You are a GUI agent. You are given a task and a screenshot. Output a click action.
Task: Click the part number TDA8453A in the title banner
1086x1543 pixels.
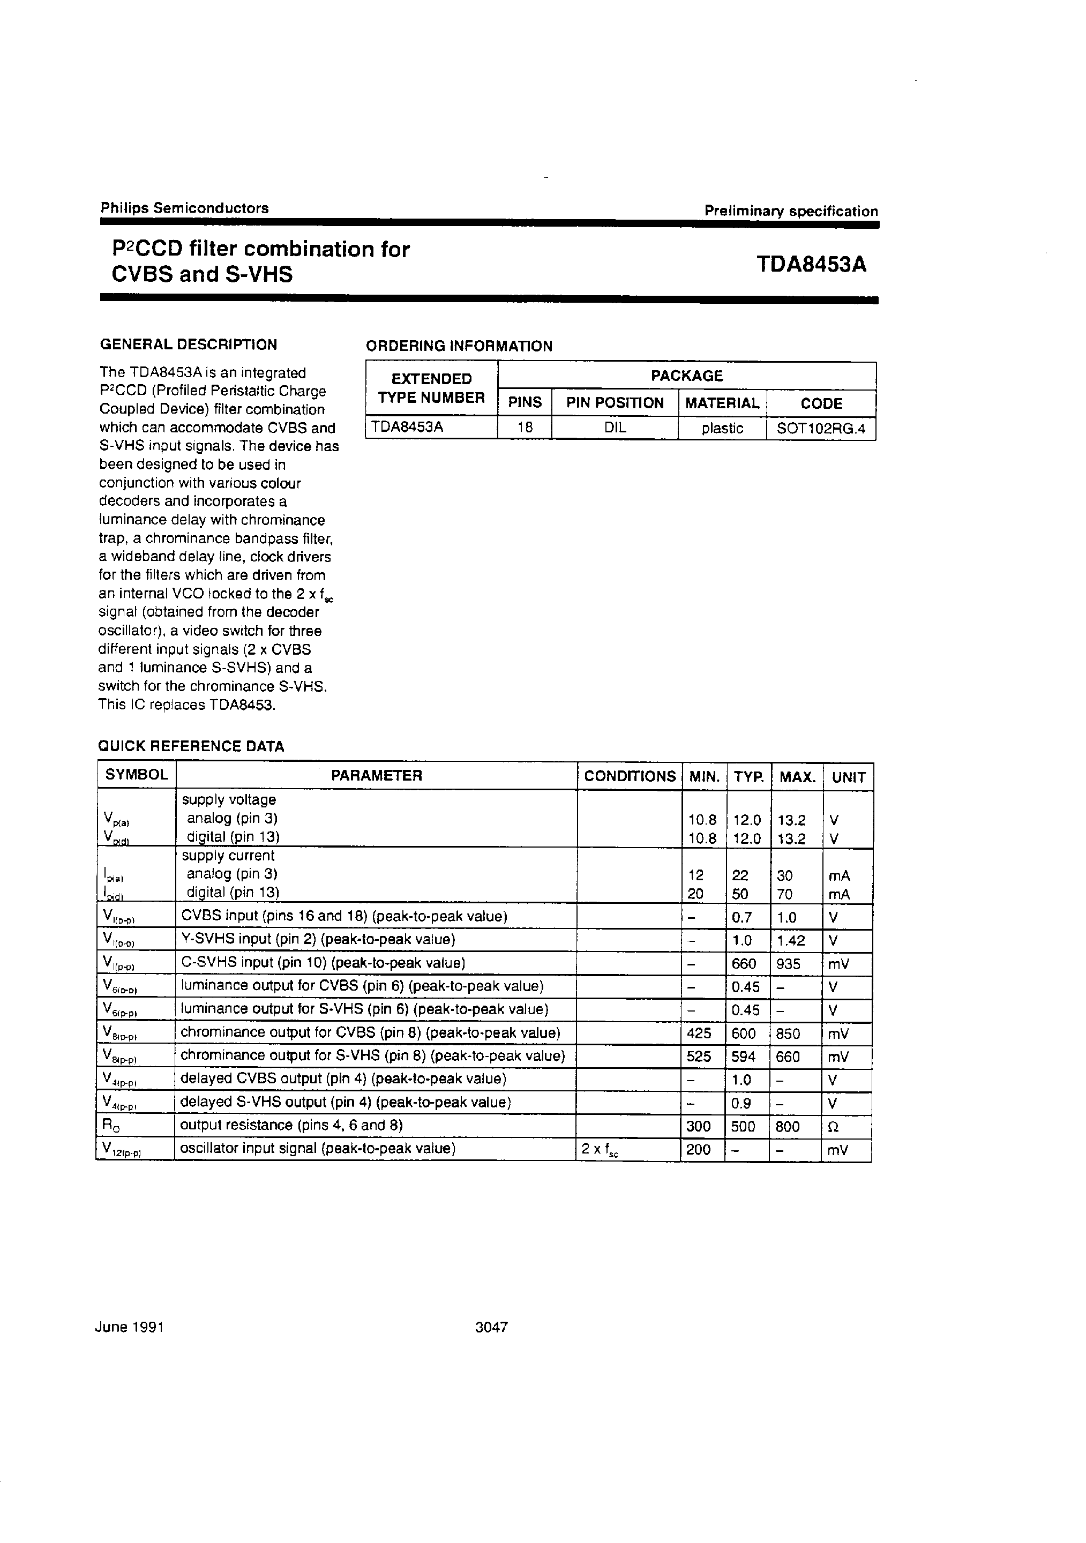[x=811, y=265]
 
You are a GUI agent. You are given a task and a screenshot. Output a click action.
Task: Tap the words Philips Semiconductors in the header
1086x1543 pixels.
[x=185, y=208]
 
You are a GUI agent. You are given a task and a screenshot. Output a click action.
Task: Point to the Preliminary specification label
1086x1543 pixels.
[x=791, y=211]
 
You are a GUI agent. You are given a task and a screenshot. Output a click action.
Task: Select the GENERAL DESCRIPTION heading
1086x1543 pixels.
[x=188, y=344]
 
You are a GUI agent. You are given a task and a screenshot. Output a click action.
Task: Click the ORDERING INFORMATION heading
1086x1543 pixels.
[x=459, y=346]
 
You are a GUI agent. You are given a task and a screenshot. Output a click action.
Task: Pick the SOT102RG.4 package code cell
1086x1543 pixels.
[x=821, y=429]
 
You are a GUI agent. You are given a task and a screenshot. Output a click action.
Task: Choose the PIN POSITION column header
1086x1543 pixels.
[x=615, y=403]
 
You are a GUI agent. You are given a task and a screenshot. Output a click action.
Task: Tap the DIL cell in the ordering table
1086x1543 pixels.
[x=615, y=428]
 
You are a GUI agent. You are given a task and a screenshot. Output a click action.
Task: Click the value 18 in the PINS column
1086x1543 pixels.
[x=525, y=428]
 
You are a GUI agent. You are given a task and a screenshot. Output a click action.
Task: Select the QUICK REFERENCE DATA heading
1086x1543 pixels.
[x=191, y=746]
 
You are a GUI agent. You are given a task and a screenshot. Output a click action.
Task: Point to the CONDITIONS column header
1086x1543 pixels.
[x=630, y=776]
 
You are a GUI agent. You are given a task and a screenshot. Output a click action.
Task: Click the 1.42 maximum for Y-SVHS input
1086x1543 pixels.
[x=791, y=941]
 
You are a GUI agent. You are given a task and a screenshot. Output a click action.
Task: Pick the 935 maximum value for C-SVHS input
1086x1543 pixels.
[x=788, y=964]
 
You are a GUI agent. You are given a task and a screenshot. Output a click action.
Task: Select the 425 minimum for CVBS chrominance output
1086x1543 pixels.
[x=699, y=1033]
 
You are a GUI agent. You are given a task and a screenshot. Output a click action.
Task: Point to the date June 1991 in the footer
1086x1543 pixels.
[x=130, y=1327]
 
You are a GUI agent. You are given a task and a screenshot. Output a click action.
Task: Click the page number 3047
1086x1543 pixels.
[x=491, y=1327]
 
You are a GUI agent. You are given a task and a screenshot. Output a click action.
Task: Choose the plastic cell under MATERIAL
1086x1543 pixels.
[x=722, y=429]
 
